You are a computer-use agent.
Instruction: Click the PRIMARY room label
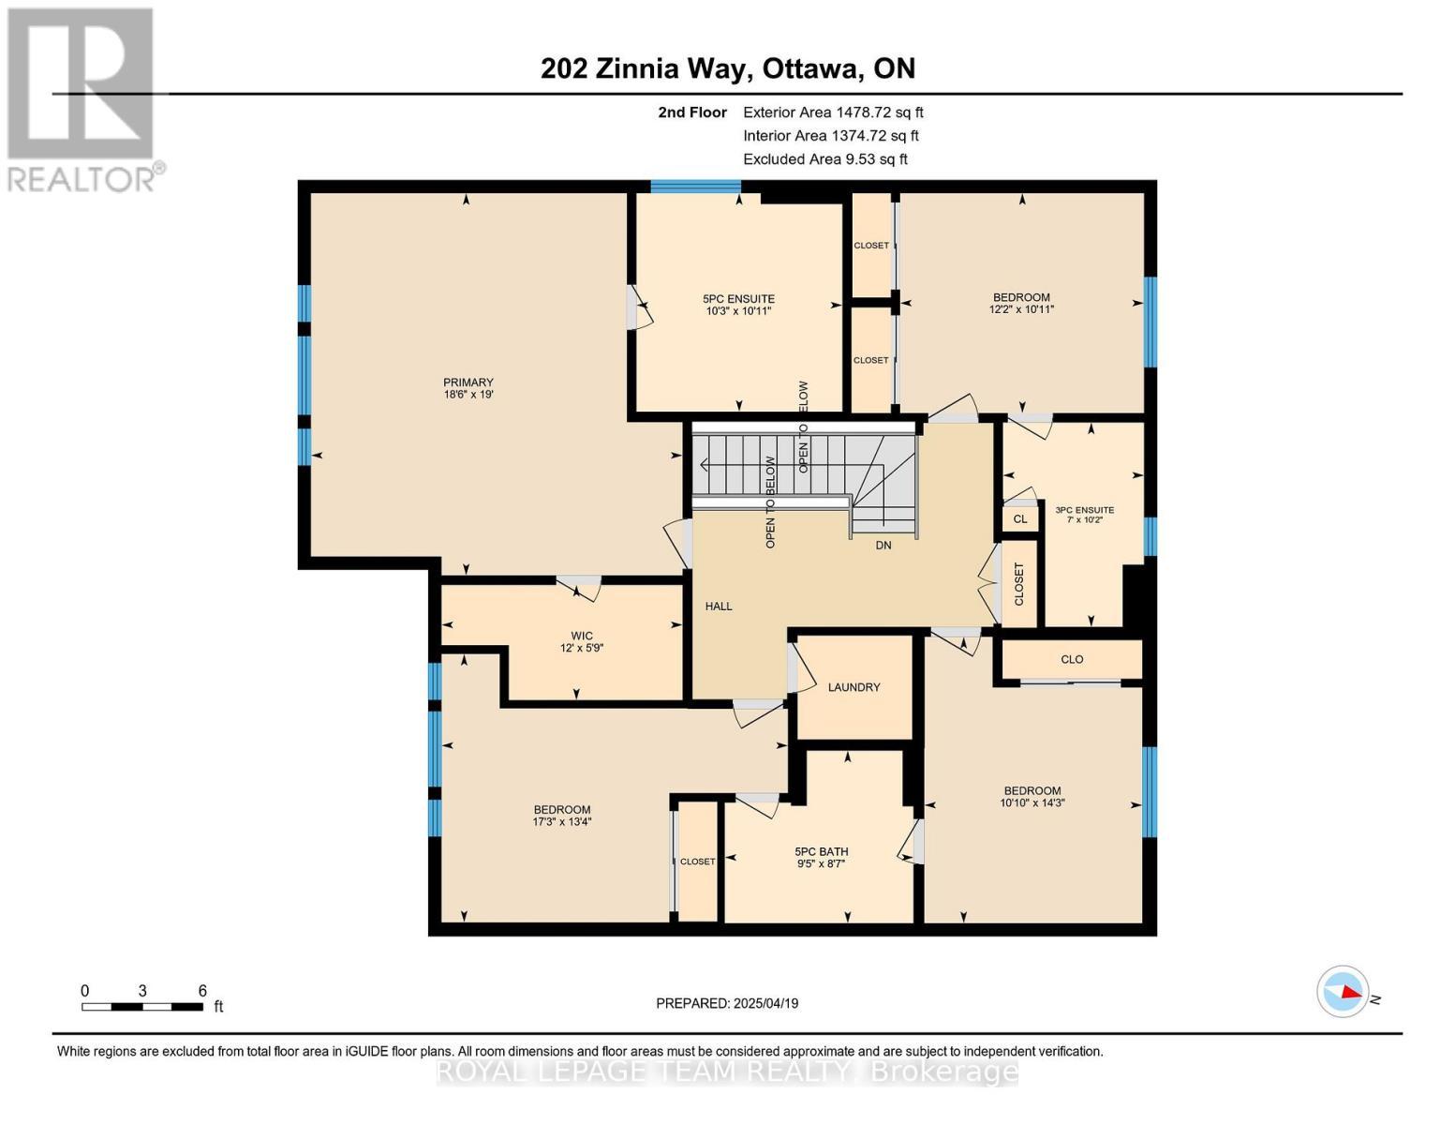tap(468, 382)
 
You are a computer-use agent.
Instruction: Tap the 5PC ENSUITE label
tap(738, 299)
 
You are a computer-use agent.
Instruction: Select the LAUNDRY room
tap(854, 687)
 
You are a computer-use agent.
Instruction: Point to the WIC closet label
tap(581, 636)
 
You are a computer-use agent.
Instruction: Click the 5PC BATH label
tap(821, 852)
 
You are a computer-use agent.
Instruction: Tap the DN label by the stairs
tap(883, 545)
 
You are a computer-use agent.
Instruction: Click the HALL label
tap(719, 607)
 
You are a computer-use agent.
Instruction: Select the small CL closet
tap(1020, 518)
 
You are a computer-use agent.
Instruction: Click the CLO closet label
tap(1072, 659)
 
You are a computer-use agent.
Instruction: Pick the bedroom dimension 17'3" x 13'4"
tap(562, 822)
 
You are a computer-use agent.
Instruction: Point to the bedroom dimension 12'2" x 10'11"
tap(1021, 309)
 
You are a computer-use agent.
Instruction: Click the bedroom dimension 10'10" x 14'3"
tap(1032, 802)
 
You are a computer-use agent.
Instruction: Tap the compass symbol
tap(1343, 991)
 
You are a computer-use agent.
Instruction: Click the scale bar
tap(142, 1007)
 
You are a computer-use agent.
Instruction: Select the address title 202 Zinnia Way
tap(727, 68)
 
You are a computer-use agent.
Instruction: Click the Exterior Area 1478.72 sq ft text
tap(833, 112)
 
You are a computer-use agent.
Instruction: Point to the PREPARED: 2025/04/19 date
tap(727, 1003)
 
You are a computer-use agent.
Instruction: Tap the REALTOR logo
tap(82, 98)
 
